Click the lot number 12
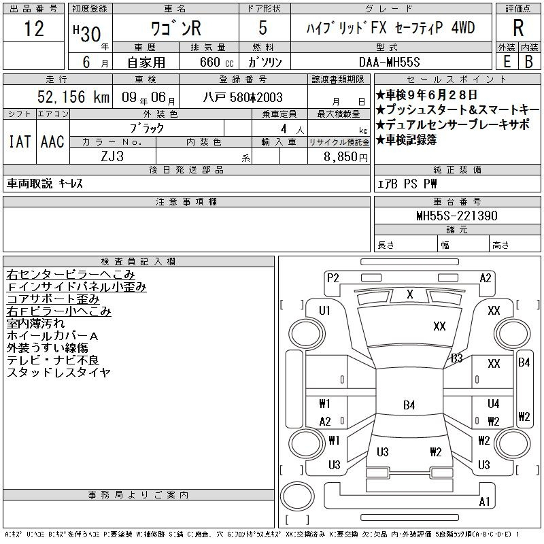pyautogui.click(x=33, y=29)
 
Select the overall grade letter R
pyautogui.click(x=517, y=29)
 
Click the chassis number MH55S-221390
pyautogui.click(x=456, y=216)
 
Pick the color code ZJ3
pyautogui.click(x=112, y=156)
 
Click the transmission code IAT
pyautogui.click(x=19, y=141)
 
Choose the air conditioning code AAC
pyautogui.click(x=52, y=141)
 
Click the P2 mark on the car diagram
pyautogui.click(x=333, y=277)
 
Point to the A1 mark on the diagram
pyautogui.click(x=484, y=502)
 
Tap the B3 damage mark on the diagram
pyautogui.click(x=456, y=358)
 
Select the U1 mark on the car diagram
pyautogui.click(x=324, y=311)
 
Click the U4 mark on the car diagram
pyautogui.click(x=493, y=404)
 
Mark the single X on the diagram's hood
pyautogui.click(x=409, y=294)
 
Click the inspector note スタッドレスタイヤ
pyautogui.click(x=58, y=373)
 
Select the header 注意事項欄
pyautogui.click(x=186, y=202)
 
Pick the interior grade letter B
pyautogui.click(x=528, y=61)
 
